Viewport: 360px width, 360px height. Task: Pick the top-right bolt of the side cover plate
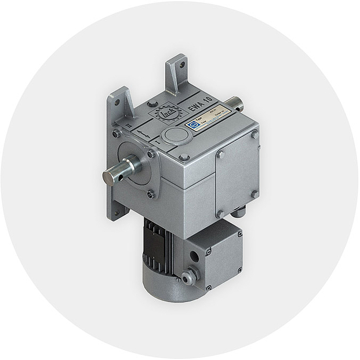[253, 135]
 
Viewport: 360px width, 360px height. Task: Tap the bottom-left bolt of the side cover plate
[220, 213]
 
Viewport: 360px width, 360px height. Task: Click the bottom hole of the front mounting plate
[118, 213]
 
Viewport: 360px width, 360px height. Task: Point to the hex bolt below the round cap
[184, 157]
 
